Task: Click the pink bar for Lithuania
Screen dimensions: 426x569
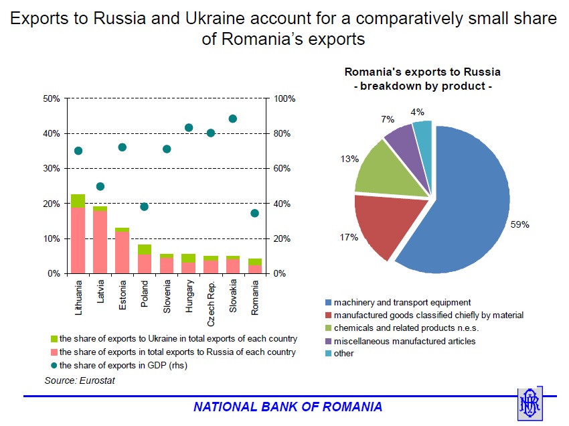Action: (x=78, y=240)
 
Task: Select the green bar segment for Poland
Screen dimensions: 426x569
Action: (x=145, y=249)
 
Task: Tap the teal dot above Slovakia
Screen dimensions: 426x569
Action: (x=233, y=119)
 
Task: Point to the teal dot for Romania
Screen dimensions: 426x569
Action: (x=255, y=213)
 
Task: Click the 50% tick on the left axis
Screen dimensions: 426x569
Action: (x=52, y=98)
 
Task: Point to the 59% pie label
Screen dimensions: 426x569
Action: (x=519, y=225)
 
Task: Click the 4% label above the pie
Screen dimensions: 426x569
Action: (x=417, y=112)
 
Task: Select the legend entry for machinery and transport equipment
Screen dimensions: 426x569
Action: (x=402, y=303)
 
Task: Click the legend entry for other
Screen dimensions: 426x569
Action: (x=343, y=353)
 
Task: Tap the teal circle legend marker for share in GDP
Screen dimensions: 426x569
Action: (x=54, y=365)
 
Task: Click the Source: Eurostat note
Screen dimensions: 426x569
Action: (x=76, y=380)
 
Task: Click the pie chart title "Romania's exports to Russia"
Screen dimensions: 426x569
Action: (x=422, y=72)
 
